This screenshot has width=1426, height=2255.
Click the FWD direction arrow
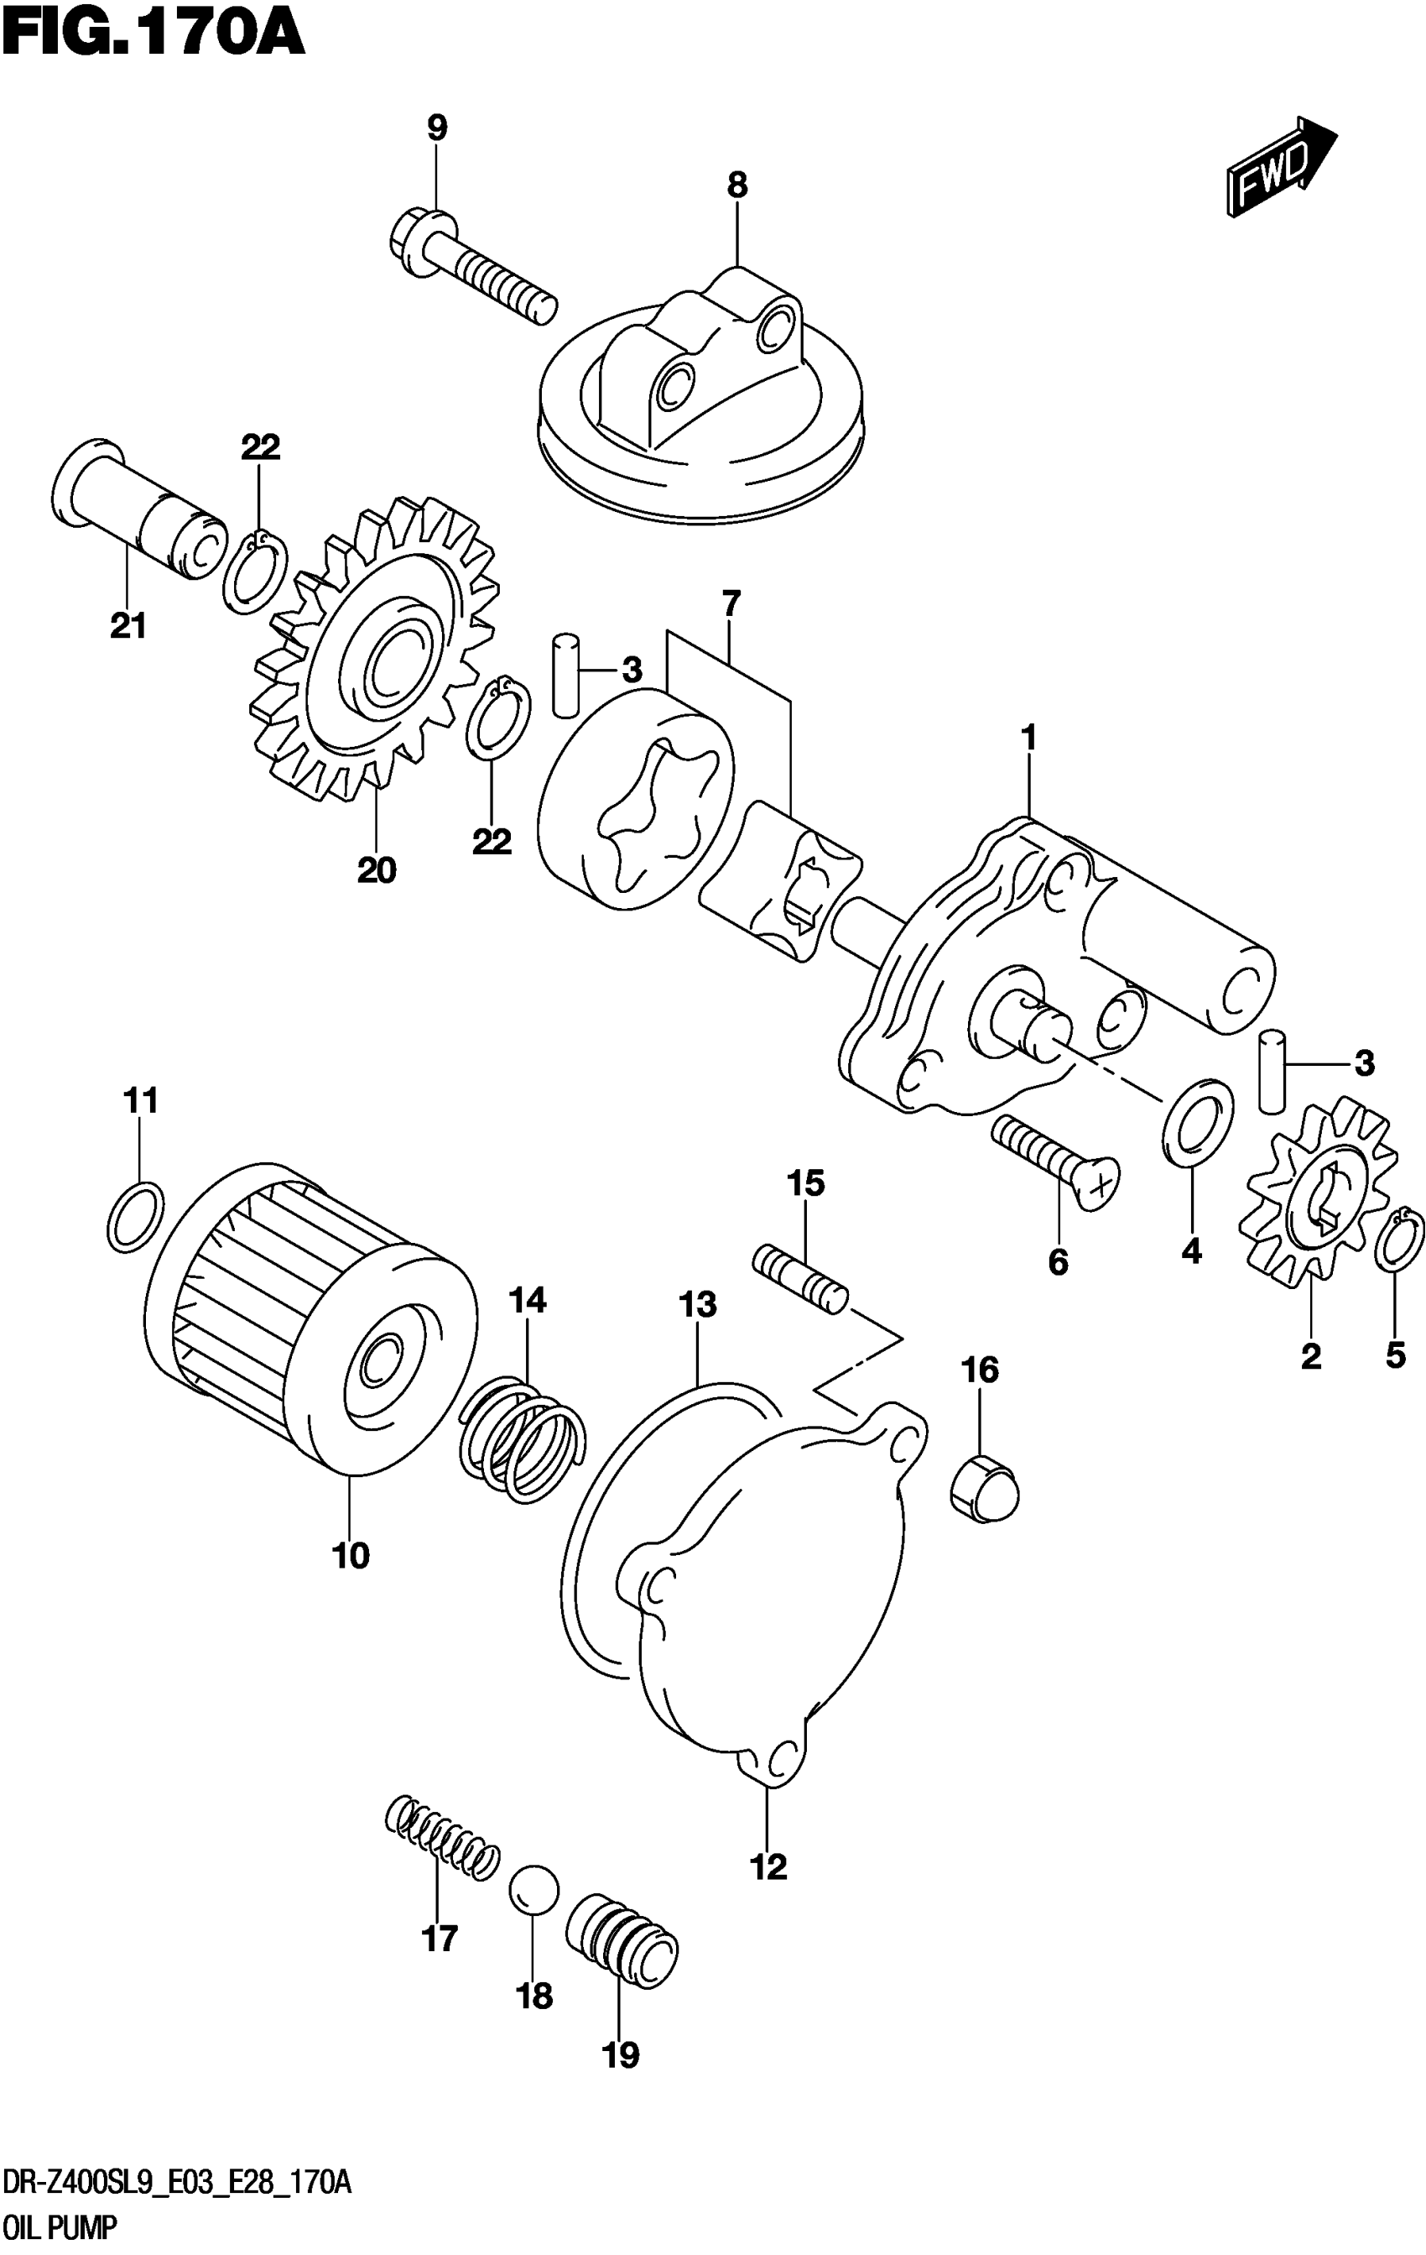pyautogui.click(x=1279, y=168)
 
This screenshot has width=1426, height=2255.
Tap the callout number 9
pyautogui.click(x=437, y=128)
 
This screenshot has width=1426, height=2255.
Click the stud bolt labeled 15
pyautogui.click(x=800, y=1279)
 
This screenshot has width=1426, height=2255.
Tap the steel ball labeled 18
pyautogui.click(x=533, y=1890)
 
